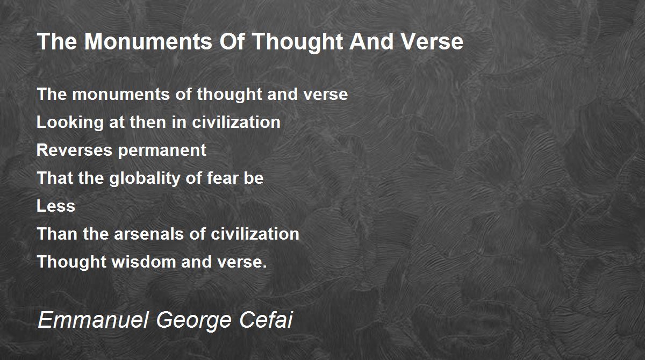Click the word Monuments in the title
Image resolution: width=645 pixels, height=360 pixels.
pos(148,41)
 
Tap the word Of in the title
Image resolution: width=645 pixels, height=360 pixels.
pos(232,41)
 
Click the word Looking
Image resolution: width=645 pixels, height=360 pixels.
pos(70,123)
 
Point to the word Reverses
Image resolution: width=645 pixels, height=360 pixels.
pos(74,150)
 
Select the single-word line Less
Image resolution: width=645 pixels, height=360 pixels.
pos(56,206)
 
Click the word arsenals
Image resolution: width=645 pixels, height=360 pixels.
pos(148,234)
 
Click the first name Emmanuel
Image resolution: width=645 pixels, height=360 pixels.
pos(93,320)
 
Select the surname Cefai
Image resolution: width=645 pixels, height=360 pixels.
pos(266,320)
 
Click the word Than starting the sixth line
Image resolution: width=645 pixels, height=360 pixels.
pos(57,234)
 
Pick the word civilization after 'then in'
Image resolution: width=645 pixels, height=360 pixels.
pos(236,122)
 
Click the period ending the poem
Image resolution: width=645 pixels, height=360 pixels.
pos(265,267)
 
